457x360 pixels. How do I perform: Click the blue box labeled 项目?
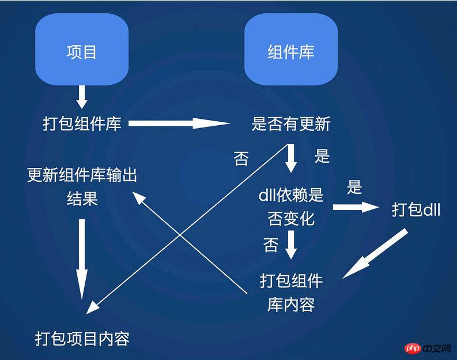pos(82,49)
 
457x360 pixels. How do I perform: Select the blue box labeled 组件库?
pos(291,49)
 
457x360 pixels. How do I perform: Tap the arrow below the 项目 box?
pos(82,97)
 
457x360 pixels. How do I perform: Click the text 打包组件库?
pos(82,123)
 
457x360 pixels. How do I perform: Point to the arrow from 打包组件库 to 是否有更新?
pos(179,123)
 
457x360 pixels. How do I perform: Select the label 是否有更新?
pos(291,123)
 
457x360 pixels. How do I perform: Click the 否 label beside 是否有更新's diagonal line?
pos(241,159)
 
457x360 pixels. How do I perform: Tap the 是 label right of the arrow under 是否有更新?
pos(322,156)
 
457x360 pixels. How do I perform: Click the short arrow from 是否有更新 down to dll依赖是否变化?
pos(291,158)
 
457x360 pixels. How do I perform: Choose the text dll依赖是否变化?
pos(291,207)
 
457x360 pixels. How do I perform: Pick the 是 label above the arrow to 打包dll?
pos(354,187)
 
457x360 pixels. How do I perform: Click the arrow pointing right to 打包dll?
pos(356,207)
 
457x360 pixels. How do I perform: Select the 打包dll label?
pos(416,209)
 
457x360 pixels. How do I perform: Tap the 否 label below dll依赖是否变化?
pos(270,245)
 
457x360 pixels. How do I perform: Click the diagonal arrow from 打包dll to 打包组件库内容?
pos(375,253)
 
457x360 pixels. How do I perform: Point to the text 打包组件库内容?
pos(291,292)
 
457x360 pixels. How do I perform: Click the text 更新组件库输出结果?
pos(82,187)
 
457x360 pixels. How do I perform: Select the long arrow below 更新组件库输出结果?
pos(82,260)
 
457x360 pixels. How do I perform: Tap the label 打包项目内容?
pos(82,339)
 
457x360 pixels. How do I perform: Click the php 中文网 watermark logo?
pos(428,348)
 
